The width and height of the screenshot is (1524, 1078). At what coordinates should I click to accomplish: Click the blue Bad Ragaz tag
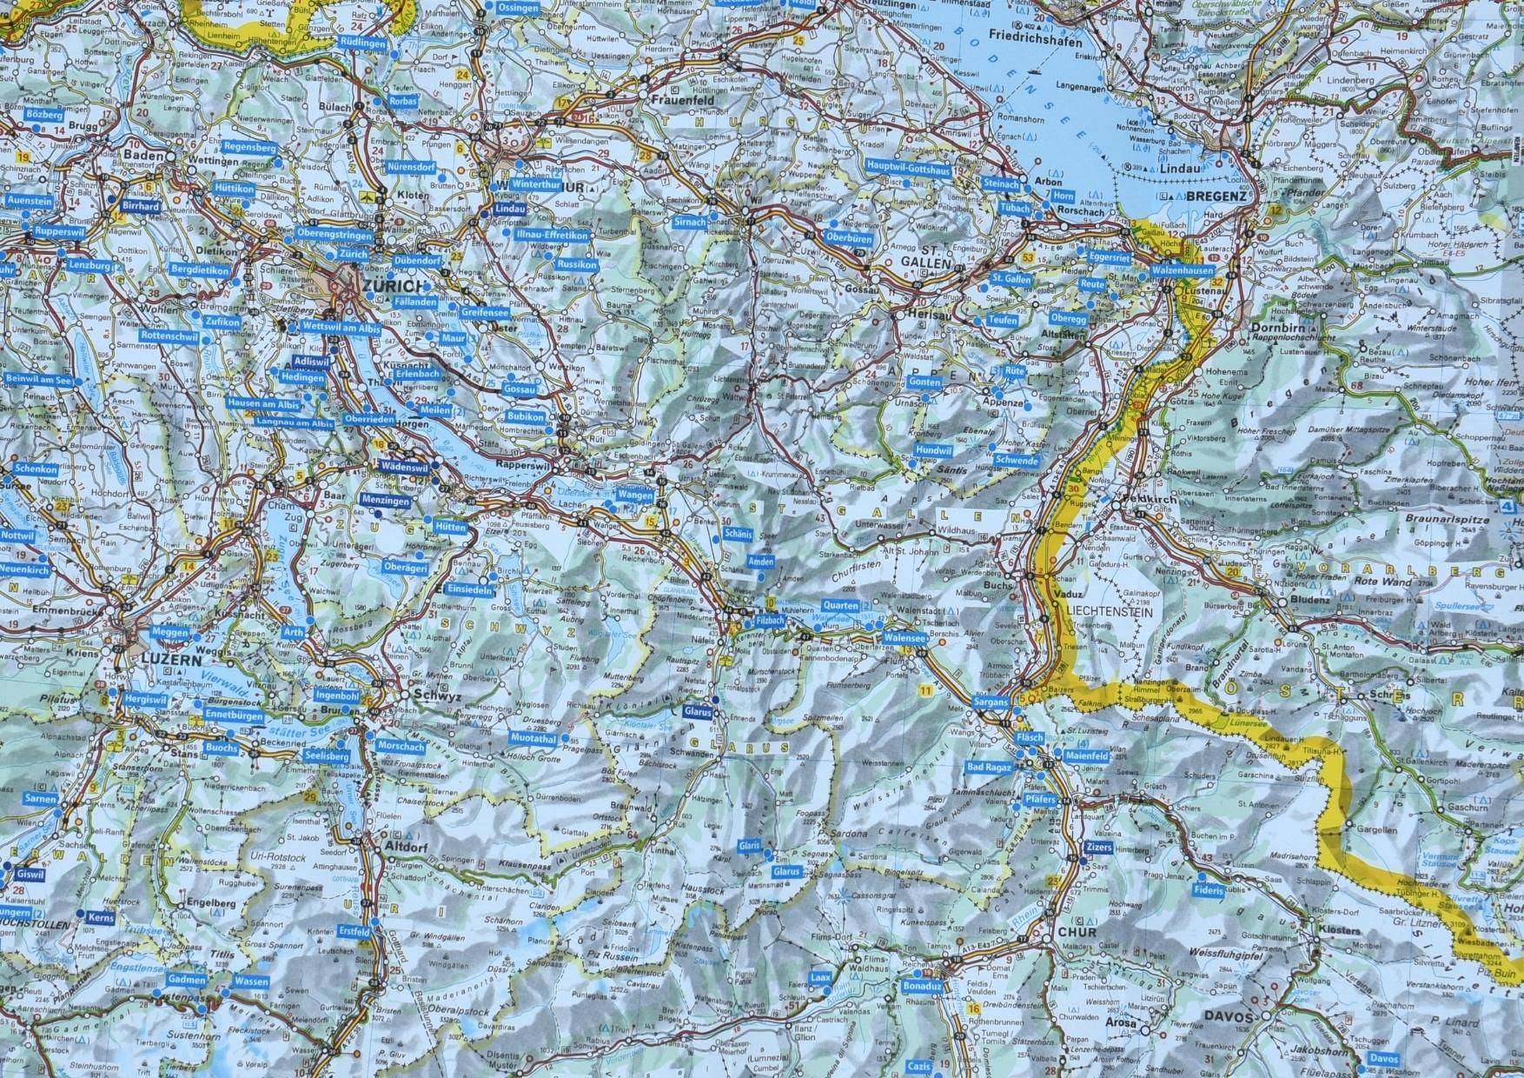coord(990,768)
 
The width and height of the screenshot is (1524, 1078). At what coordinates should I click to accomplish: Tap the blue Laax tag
coord(821,976)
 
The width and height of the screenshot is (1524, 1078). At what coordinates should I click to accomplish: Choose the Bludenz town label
coord(1311,600)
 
